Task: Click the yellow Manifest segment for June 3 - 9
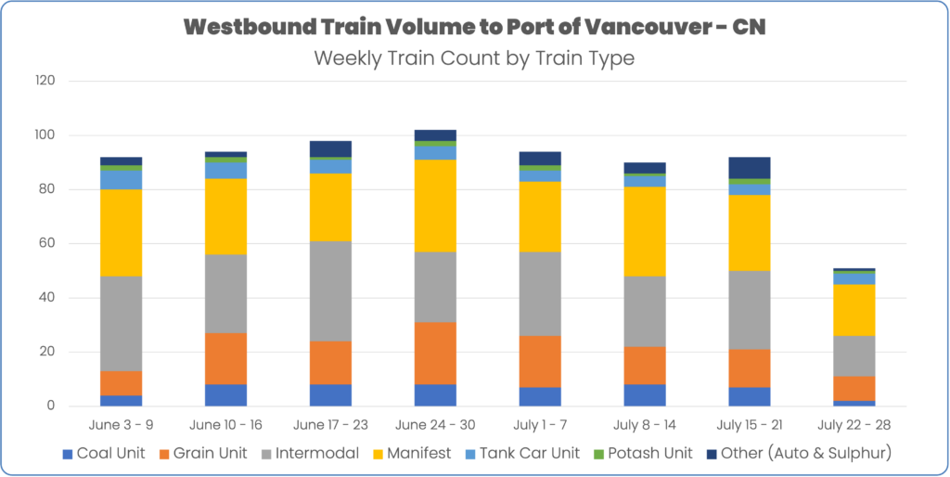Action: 122,233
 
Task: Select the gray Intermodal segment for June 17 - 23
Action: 330,291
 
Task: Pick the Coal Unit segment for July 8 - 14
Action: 645,395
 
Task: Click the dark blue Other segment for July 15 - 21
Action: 750,168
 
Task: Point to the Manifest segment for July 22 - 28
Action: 854,310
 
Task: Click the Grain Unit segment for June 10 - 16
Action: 226,358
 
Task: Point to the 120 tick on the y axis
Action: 45,81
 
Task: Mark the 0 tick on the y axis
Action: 52,406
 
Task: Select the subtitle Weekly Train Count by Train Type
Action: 474,58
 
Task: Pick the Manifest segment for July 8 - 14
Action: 645,231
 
